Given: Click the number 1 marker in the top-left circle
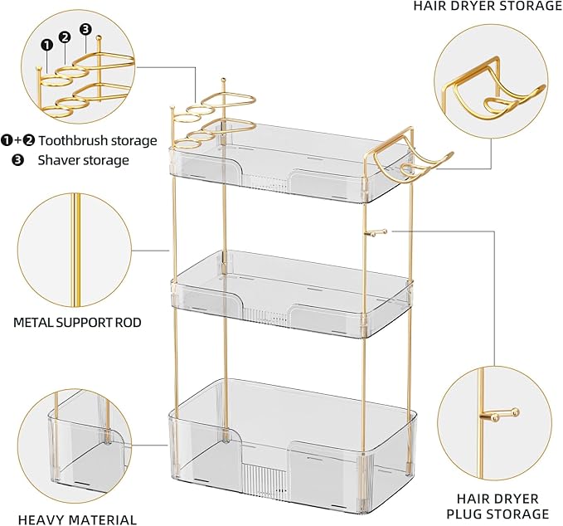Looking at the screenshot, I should (x=48, y=43).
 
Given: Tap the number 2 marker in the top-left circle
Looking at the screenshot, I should (x=66, y=36).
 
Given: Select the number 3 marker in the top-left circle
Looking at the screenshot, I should (x=85, y=28).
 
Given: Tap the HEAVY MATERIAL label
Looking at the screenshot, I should (x=77, y=519).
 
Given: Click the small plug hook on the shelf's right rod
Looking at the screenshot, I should (x=373, y=234).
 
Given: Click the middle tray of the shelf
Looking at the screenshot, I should (x=290, y=290).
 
